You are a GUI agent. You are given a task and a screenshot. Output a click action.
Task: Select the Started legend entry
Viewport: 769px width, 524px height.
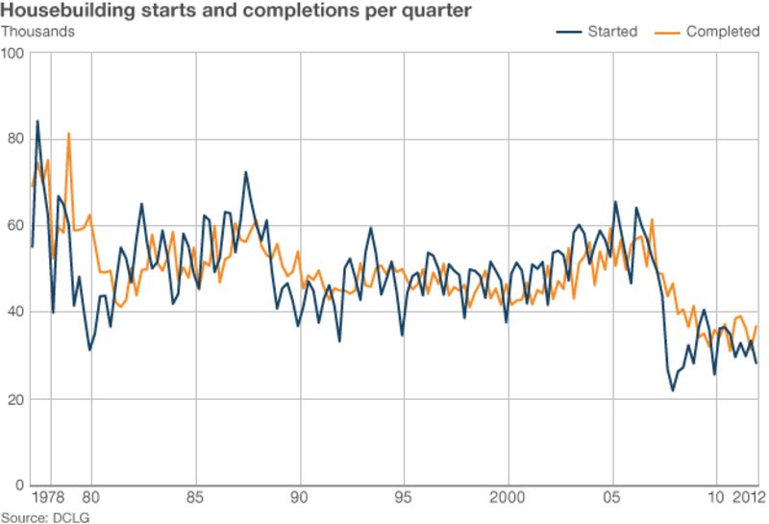click(597, 31)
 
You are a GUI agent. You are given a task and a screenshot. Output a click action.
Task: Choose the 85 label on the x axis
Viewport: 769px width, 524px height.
click(196, 498)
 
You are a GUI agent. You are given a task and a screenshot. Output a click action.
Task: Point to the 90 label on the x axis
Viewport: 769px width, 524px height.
click(302, 498)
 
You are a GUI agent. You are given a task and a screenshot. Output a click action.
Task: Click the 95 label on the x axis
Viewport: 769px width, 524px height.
click(405, 498)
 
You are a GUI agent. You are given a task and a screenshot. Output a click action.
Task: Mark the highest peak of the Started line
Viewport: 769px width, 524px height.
click(37, 121)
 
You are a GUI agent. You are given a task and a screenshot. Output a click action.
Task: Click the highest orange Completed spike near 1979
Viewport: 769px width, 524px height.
click(68, 133)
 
